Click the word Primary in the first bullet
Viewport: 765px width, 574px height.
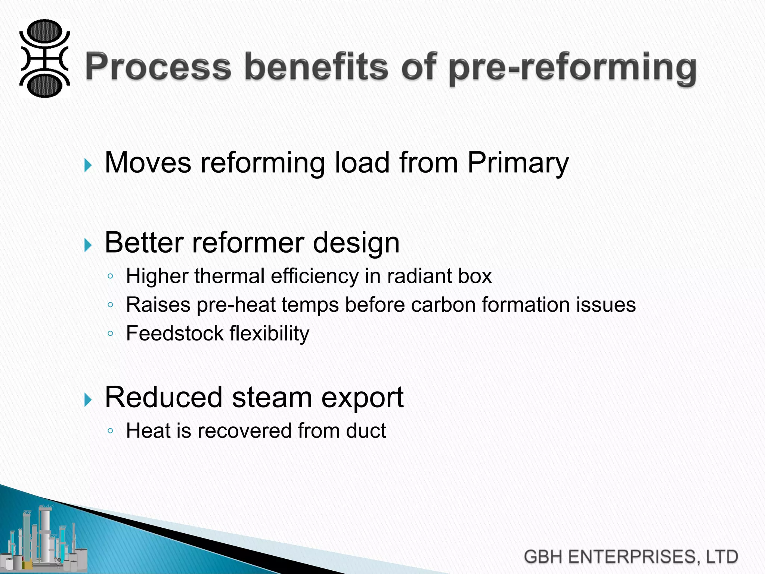click(x=518, y=163)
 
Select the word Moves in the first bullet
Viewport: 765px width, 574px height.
click(x=148, y=163)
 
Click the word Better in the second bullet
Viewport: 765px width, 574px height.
click(x=143, y=243)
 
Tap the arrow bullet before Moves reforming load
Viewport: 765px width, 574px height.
click(x=88, y=165)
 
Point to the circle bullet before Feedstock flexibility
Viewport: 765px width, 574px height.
click(x=110, y=333)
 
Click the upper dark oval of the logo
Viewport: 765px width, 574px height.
click(x=44, y=31)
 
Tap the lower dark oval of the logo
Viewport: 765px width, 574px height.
click(x=44, y=85)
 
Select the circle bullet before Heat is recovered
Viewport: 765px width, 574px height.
click(x=110, y=431)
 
